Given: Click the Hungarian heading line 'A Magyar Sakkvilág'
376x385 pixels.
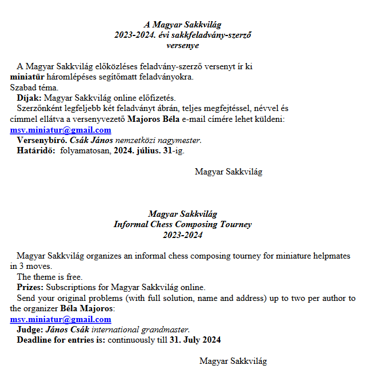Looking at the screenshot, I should (x=182, y=25).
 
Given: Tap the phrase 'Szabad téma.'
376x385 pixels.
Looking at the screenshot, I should (x=34, y=88).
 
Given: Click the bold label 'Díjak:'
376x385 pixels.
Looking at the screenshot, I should (x=29, y=98).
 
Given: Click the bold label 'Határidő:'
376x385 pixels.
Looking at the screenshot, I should (x=36, y=151).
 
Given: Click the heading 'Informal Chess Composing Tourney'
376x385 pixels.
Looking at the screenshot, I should (x=182, y=224).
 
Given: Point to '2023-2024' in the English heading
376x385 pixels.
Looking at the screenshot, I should (x=182, y=235).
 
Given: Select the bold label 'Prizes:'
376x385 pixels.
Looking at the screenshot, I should (x=30, y=287).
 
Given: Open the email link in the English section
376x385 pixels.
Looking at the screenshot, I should (x=61, y=319).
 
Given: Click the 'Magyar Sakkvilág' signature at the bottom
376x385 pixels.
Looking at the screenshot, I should (x=233, y=361).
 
